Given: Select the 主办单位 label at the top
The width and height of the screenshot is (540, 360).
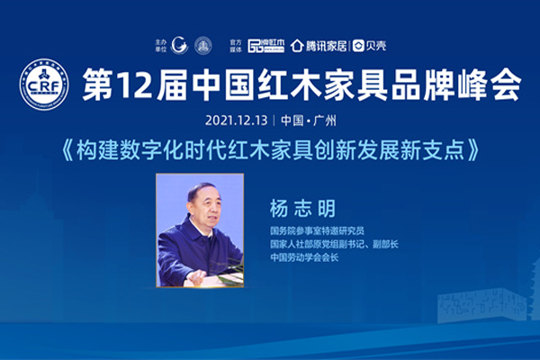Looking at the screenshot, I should point(161,44).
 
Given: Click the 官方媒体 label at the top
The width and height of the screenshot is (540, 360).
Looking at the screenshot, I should point(237,44).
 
